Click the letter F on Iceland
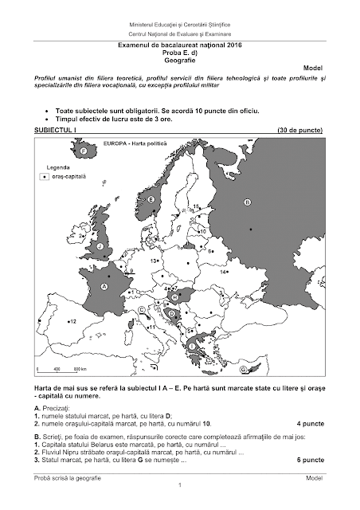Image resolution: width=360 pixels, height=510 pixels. [x=82, y=150]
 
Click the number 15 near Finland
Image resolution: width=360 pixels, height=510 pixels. [x=196, y=206]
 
